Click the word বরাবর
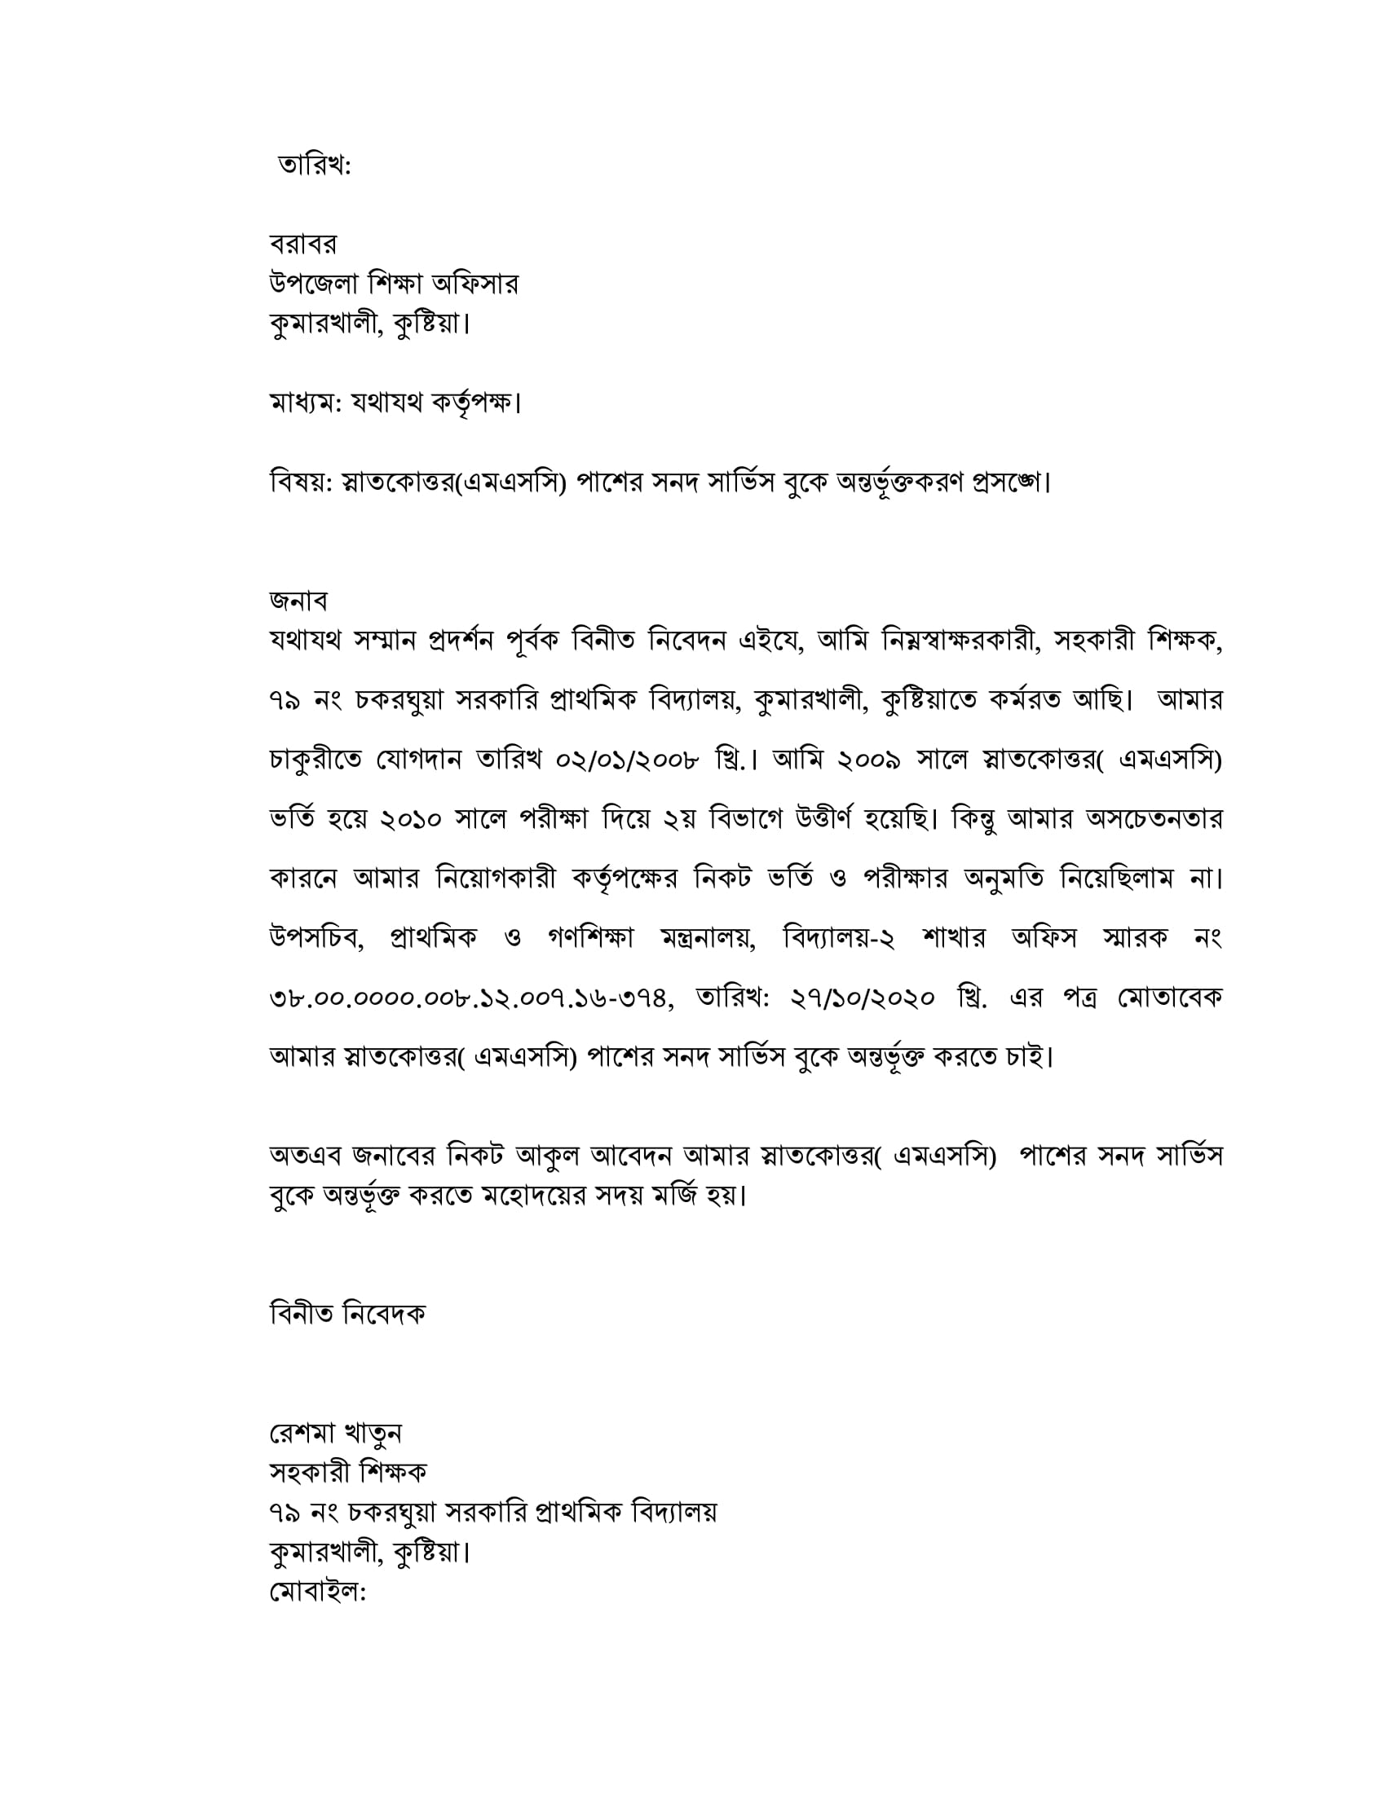302,244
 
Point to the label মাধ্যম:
305,403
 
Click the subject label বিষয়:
301,482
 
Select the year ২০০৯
869,760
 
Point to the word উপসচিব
316,937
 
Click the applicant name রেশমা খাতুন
335,1434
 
